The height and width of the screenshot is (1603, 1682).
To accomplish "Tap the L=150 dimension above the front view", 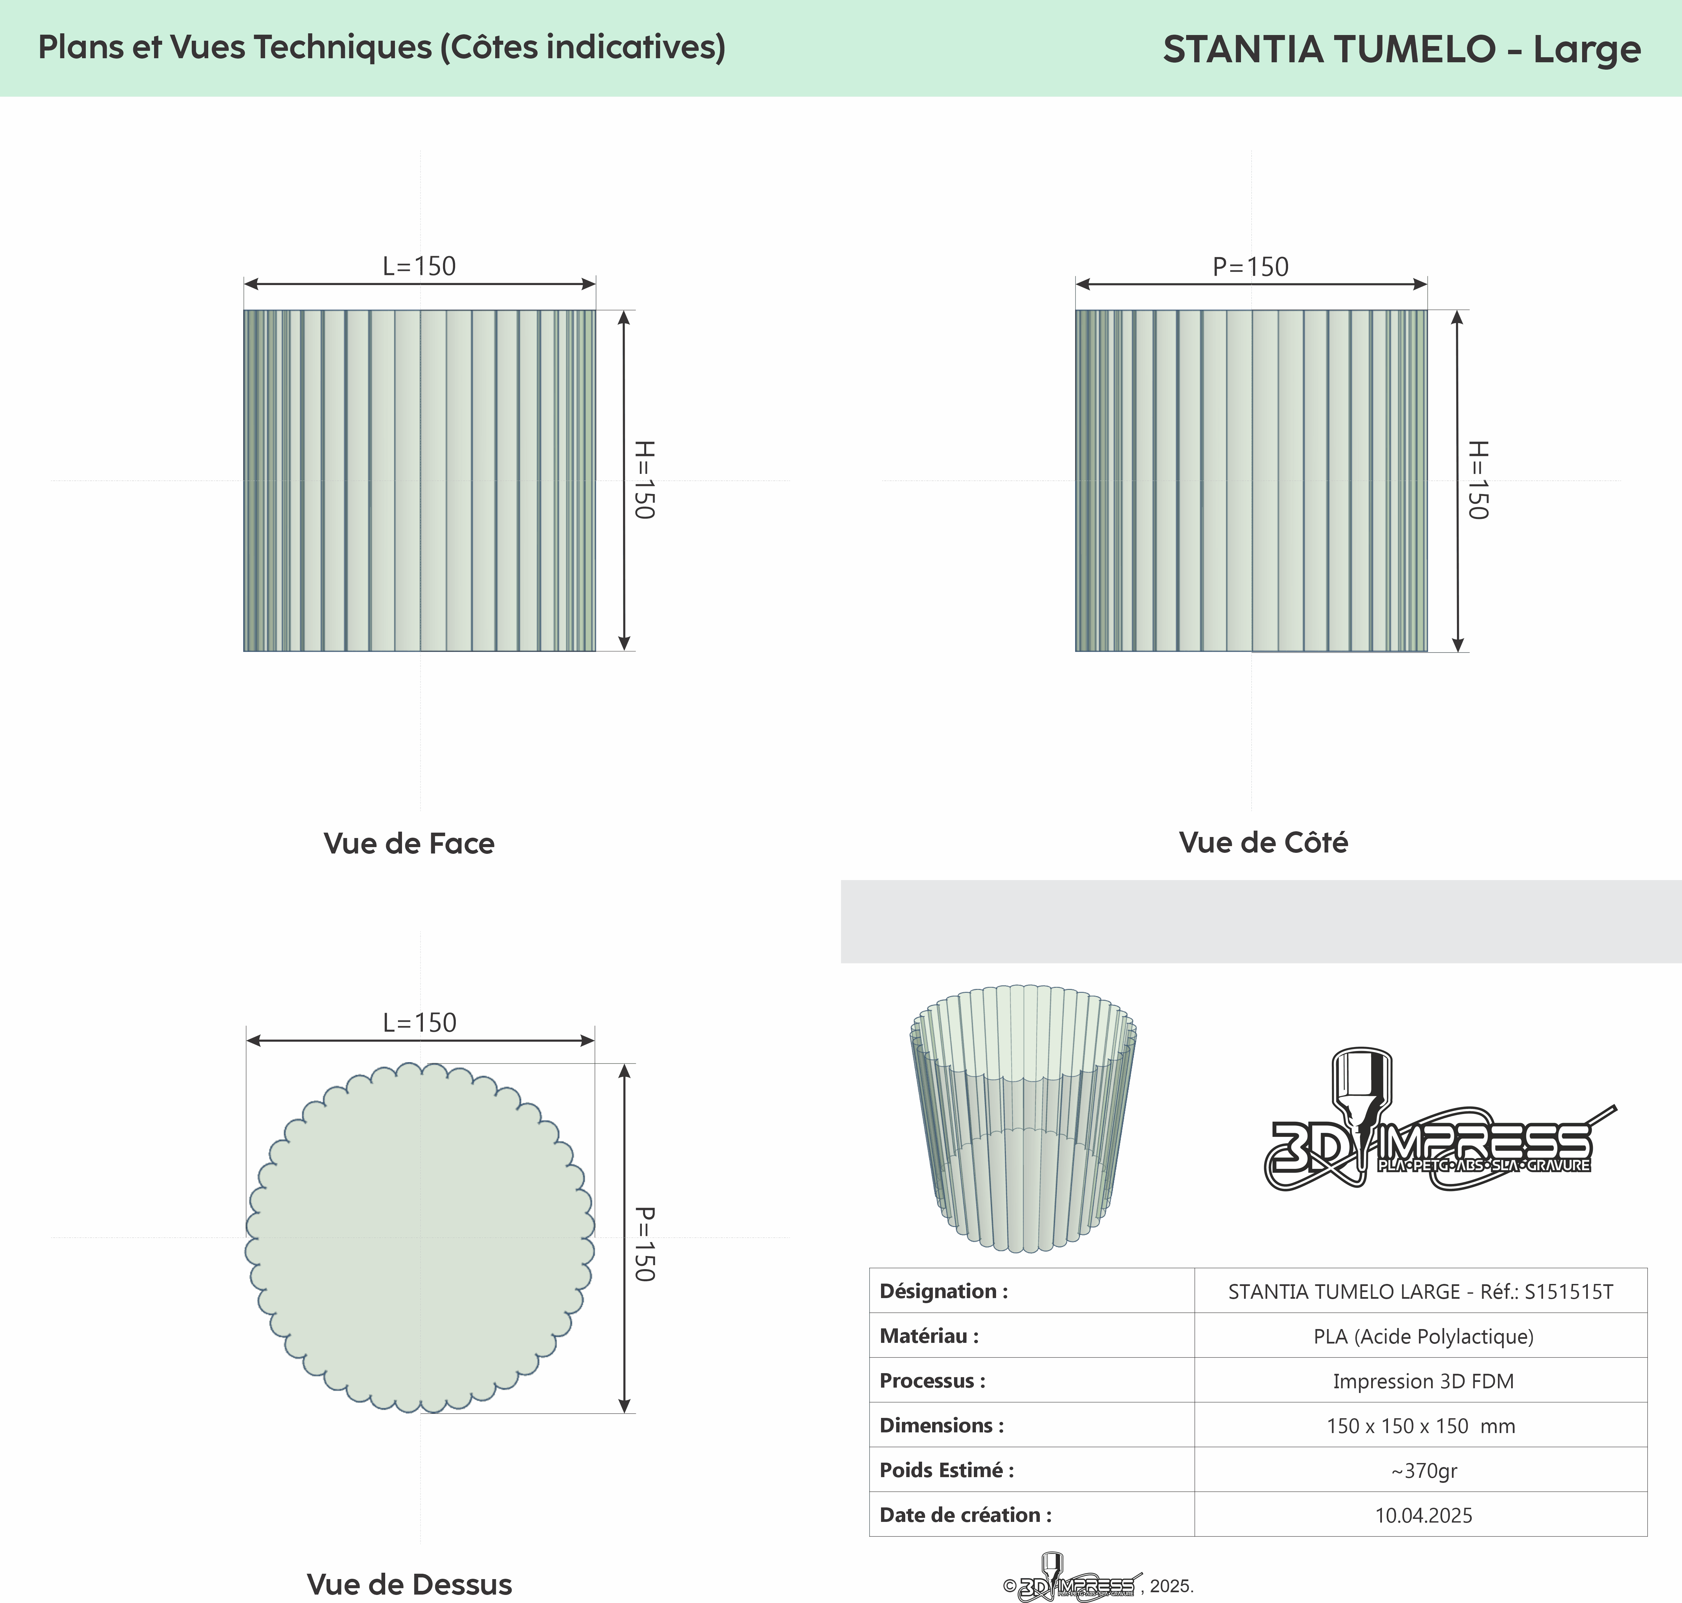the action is [418, 267].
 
